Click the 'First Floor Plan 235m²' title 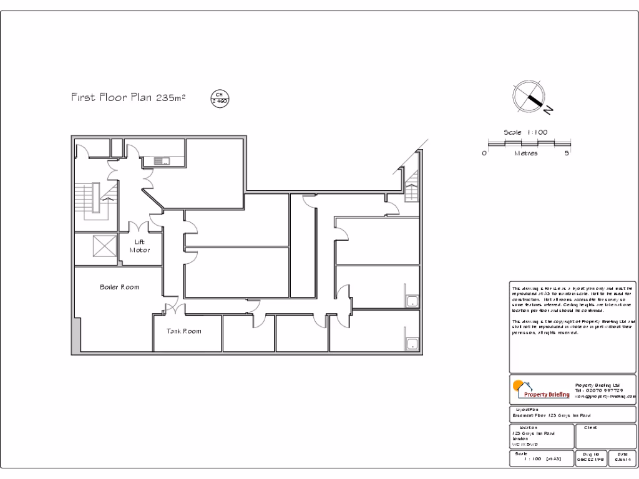pos(128,98)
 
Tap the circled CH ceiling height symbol pos(220,98)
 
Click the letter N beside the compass pos(548,110)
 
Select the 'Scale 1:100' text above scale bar pos(525,132)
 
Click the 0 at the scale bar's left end pos(484,153)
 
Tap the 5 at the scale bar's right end pos(567,153)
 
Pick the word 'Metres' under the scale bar pos(525,153)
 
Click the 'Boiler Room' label pos(119,288)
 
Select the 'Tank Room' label pos(183,331)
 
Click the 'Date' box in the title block pos(622,458)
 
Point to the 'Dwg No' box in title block pos(590,458)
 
